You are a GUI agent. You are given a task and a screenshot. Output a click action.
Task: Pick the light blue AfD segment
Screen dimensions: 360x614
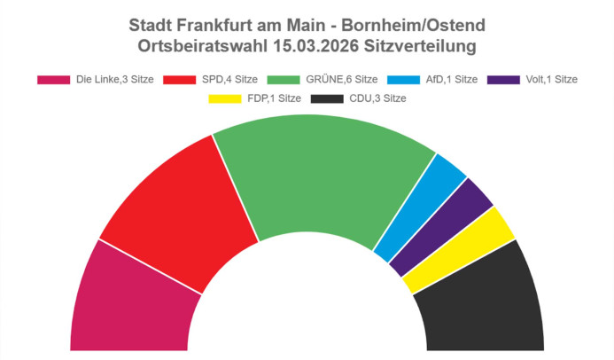coord(424,206)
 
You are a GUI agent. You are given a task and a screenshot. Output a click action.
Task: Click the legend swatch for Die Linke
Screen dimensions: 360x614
coord(53,79)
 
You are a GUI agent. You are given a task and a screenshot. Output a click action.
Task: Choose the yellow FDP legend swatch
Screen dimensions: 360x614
coord(224,98)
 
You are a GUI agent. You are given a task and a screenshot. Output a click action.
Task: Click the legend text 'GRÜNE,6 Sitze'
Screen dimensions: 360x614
coord(341,79)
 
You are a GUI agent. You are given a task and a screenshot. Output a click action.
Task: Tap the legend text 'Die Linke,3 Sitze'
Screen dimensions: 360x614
coord(115,79)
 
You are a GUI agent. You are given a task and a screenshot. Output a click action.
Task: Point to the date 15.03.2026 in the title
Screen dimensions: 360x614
coord(322,44)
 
